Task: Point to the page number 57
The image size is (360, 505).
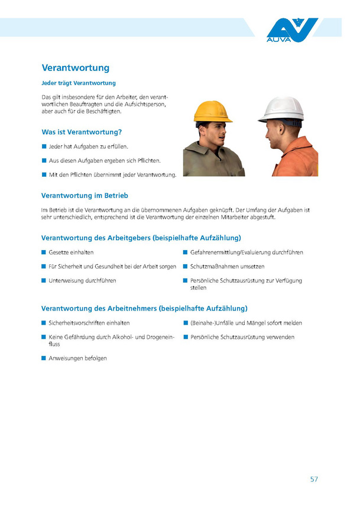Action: coord(314,462)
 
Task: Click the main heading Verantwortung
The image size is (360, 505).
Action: coord(75,68)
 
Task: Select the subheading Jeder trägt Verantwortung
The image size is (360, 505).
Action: coord(78,83)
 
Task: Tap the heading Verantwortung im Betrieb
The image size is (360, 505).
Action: coord(85,195)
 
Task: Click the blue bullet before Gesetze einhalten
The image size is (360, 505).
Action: coord(43,252)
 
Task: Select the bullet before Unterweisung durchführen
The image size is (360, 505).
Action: coord(43,280)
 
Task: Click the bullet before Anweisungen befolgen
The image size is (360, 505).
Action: coord(43,358)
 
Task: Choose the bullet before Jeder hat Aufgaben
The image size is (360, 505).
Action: coord(43,146)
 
